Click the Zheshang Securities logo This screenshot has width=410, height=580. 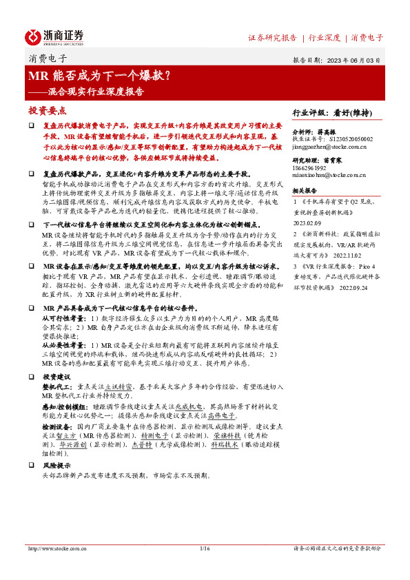tap(54, 37)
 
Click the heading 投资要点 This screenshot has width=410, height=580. tap(47, 110)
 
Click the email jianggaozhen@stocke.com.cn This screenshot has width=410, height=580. tap(329, 147)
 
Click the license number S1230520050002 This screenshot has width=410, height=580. tap(351, 138)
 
